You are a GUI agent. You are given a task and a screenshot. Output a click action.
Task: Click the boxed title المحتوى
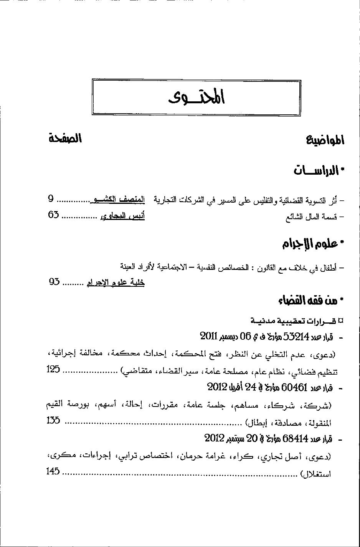tap(197, 97)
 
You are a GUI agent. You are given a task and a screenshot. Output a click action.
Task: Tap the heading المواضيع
tap(325, 140)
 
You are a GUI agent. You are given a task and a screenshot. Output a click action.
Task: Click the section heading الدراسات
tap(317, 170)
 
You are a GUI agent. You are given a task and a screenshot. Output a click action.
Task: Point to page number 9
tap(51, 199)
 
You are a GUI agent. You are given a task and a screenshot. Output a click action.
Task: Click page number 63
tap(54, 215)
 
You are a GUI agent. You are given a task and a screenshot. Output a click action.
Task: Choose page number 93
tap(54, 282)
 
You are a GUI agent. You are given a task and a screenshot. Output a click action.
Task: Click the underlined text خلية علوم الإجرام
tap(116, 283)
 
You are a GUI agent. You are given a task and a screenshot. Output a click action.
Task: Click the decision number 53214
tap(296, 337)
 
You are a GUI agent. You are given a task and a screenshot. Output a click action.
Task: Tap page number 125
tap(53, 370)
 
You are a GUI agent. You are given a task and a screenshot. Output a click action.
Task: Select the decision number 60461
tap(295, 387)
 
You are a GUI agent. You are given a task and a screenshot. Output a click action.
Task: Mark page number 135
tap(53, 420)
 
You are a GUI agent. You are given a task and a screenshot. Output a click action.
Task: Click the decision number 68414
tap(295, 438)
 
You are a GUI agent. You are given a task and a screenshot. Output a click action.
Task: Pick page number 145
tap(53, 471)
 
